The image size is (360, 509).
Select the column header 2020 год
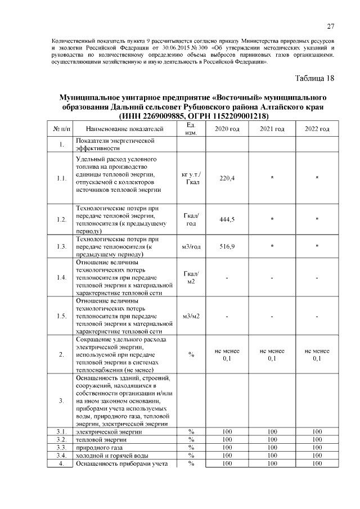pyautogui.click(x=227, y=129)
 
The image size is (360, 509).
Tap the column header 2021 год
pyautogui.click(x=272, y=129)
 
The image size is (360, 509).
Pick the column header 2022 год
pyautogui.click(x=317, y=129)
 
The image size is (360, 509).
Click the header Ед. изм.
pyautogui.click(x=191, y=129)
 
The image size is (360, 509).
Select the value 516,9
pyautogui.click(x=227, y=246)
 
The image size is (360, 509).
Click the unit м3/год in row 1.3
pyautogui.click(x=191, y=246)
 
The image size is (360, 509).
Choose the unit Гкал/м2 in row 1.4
pyautogui.click(x=191, y=277)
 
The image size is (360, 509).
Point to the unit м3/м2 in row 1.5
pyautogui.click(x=191, y=316)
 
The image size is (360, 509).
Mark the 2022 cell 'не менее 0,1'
pyautogui.click(x=317, y=354)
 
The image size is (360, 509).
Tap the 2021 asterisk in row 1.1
pyautogui.click(x=272, y=178)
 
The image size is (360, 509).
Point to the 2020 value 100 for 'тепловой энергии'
pyautogui.click(x=227, y=439)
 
